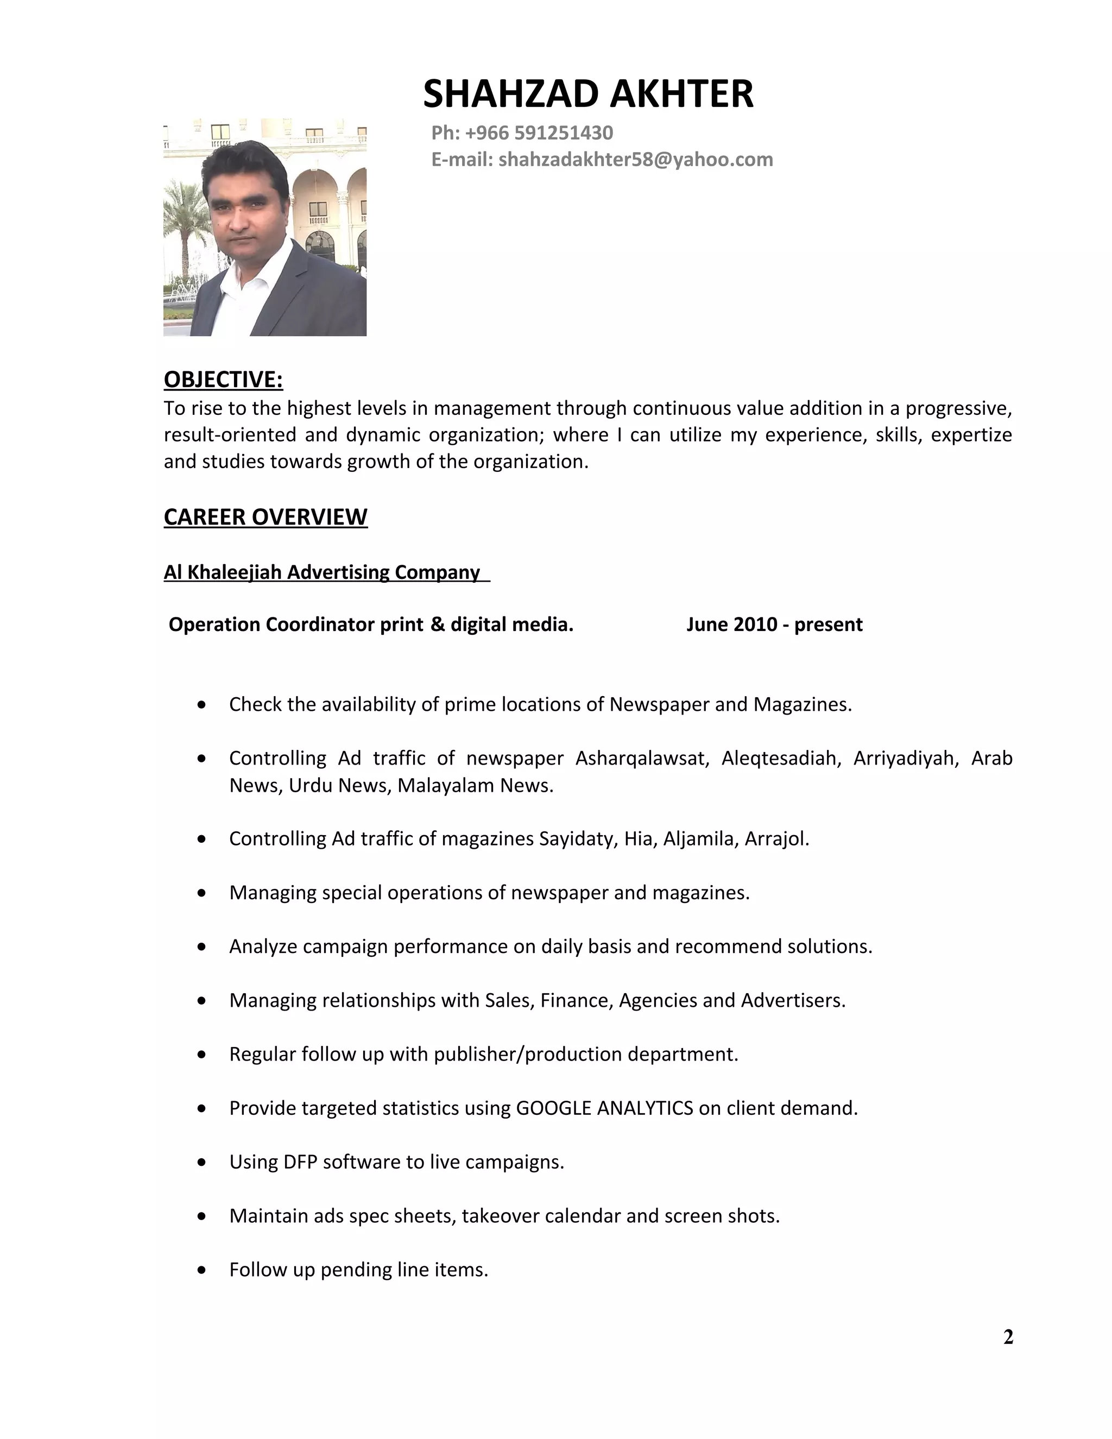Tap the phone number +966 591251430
tap(539, 133)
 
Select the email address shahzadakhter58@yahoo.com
tap(635, 160)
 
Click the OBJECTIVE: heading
tap(223, 380)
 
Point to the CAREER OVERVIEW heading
tap(266, 517)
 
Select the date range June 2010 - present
tap(774, 624)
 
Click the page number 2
tap(1008, 1337)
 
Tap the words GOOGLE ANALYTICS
tap(604, 1108)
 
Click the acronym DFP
tap(300, 1162)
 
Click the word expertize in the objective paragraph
tap(971, 435)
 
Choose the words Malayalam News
tap(475, 785)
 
